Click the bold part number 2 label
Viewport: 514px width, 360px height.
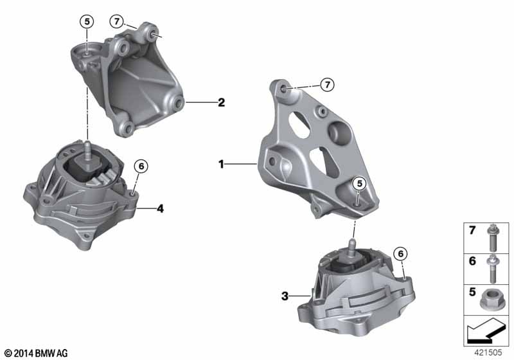222,103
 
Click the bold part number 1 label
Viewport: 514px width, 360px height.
221,164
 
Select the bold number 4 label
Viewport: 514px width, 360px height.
160,208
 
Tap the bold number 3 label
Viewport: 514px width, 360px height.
285,296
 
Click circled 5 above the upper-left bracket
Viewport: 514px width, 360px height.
87,22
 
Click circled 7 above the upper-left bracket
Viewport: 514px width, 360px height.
116,22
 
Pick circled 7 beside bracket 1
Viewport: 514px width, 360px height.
327,85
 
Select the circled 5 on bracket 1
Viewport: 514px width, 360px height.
359,184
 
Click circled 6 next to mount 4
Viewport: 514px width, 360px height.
141,166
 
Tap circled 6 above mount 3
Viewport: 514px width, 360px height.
400,253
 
